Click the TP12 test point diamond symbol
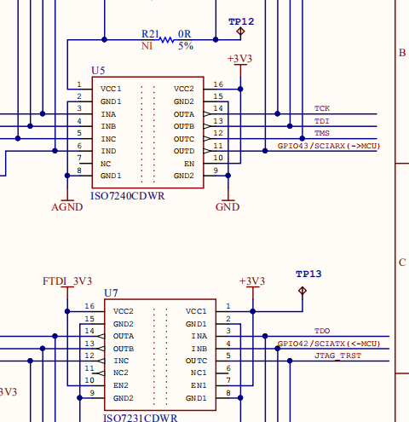click(240, 32)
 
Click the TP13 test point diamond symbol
click(302, 291)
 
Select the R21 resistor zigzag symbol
click(166, 40)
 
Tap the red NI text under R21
click(147, 46)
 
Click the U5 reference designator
click(98, 71)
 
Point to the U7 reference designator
click(111, 293)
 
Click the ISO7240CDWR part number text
click(128, 196)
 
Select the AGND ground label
click(67, 207)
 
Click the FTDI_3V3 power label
click(67, 281)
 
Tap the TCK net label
click(322, 108)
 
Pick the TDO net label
click(322, 331)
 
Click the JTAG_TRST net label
click(337, 356)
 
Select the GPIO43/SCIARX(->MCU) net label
click(329, 146)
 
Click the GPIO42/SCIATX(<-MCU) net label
click(329, 344)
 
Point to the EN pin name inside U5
click(189, 164)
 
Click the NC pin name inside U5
click(106, 164)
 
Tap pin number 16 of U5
click(218, 84)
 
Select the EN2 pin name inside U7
click(121, 385)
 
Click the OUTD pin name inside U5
click(184, 151)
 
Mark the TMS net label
click(322, 133)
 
